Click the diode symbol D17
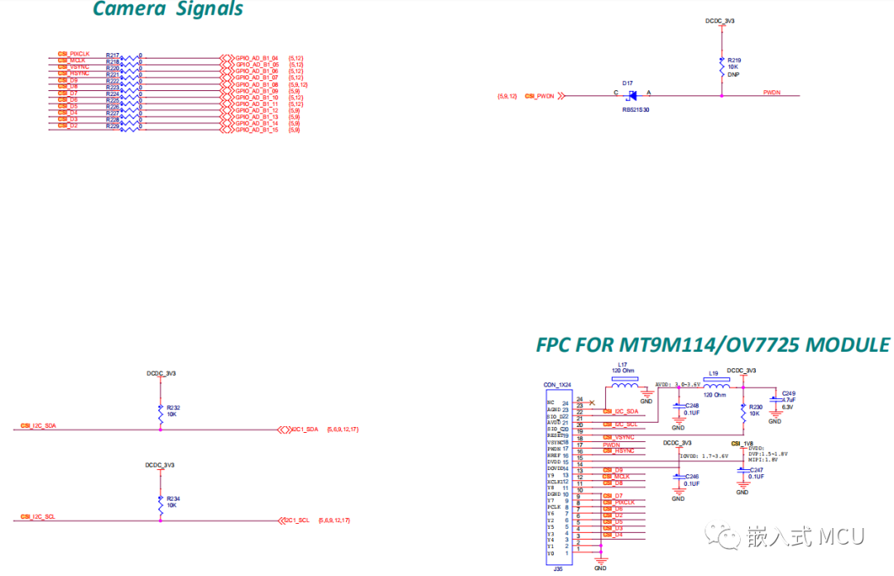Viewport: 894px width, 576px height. pyautogui.click(x=631, y=96)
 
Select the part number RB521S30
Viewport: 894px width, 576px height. pyautogui.click(x=635, y=109)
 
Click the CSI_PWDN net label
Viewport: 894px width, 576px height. pyautogui.click(x=539, y=96)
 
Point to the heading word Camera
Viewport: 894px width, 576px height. pyautogui.click(x=128, y=10)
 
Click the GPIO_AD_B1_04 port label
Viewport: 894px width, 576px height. pyautogui.click(x=257, y=58)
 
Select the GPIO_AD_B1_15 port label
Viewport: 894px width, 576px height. pyautogui.click(x=257, y=130)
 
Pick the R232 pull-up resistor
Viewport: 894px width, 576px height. pyautogui.click(x=161, y=412)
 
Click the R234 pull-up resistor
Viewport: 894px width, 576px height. pyautogui.click(x=161, y=503)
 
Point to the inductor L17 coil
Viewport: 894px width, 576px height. pyautogui.click(x=624, y=385)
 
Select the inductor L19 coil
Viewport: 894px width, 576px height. pyautogui.click(x=715, y=385)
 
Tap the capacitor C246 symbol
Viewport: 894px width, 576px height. pyautogui.click(x=678, y=478)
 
